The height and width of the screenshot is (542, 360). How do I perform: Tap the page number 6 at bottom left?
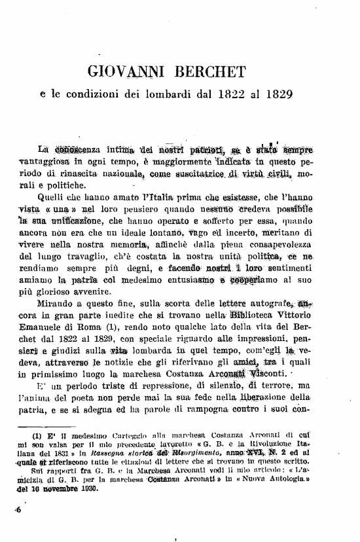pyautogui.click(x=20, y=511)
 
